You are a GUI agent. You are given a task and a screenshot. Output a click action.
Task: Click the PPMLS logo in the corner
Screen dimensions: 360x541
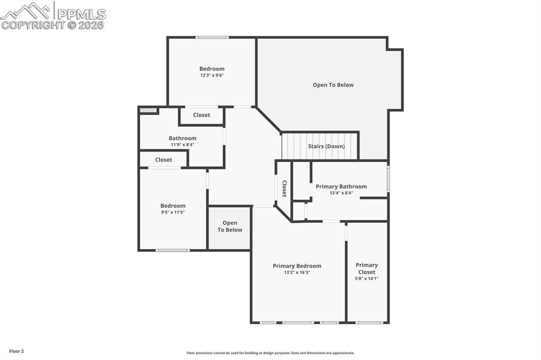coord(53,15)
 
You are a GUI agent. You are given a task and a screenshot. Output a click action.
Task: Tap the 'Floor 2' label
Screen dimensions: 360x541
coord(16,351)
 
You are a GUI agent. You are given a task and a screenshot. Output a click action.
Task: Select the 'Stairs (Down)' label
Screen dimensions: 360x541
coord(326,146)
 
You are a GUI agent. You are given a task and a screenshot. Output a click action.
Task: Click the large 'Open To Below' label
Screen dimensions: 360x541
coord(333,85)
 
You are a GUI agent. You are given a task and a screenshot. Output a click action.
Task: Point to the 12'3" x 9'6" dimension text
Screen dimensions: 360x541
coord(212,75)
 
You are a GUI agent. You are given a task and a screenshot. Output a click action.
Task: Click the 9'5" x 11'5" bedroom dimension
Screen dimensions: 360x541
coord(173,212)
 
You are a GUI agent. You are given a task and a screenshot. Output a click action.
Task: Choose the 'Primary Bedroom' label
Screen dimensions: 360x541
coord(297,266)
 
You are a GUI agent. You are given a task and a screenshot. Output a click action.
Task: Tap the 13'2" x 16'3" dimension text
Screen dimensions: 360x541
coord(297,272)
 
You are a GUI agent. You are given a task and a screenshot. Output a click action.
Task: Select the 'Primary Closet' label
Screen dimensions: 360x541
coord(367,268)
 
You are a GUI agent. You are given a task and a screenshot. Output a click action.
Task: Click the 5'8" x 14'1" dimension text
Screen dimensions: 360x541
coord(367,279)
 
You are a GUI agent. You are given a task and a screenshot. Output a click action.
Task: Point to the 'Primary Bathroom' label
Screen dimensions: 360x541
coord(341,186)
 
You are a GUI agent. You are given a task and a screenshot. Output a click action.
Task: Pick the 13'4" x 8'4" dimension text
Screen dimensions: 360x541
coord(341,193)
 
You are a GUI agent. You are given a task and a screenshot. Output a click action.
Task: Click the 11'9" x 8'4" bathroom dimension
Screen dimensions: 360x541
coord(182,145)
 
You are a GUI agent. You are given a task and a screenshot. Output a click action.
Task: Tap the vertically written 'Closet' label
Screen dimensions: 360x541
coord(284,188)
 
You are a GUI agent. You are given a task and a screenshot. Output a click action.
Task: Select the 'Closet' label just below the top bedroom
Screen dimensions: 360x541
coord(201,115)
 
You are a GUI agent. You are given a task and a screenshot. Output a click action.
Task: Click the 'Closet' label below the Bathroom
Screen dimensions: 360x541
coord(163,160)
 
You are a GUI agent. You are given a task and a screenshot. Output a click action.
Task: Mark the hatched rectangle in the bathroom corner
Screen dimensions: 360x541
coord(148,110)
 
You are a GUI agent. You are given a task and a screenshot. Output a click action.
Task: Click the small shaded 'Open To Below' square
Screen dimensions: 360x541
coord(229,228)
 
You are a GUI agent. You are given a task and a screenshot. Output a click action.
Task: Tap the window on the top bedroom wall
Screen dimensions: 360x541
coord(212,37)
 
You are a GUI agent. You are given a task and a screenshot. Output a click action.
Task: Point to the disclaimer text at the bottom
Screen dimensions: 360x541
coord(270,353)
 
